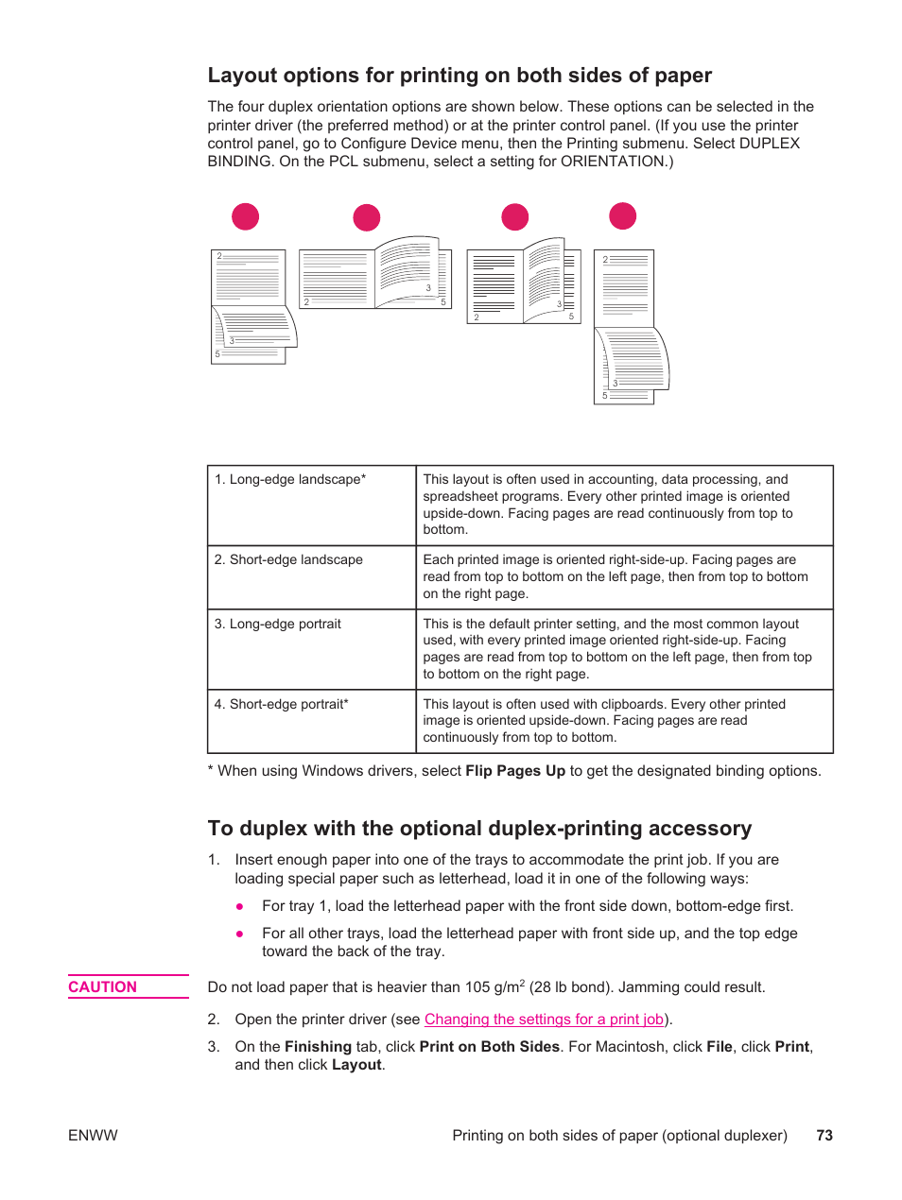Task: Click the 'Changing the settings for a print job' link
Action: click(x=544, y=1020)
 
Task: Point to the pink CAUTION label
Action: click(x=103, y=987)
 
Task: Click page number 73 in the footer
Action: click(x=824, y=1136)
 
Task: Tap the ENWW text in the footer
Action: click(x=93, y=1136)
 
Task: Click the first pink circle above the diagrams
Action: click(x=246, y=216)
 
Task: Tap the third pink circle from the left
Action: click(x=515, y=217)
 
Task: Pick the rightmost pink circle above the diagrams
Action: click(x=623, y=216)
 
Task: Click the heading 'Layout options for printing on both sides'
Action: click(x=460, y=76)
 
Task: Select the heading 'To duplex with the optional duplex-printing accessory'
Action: click(x=479, y=829)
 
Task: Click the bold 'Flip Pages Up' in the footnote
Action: click(x=515, y=771)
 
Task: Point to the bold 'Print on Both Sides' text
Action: click(x=490, y=1047)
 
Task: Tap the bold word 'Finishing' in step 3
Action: click(x=318, y=1047)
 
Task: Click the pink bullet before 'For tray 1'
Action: click(x=240, y=906)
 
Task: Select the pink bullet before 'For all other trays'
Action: click(x=240, y=934)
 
